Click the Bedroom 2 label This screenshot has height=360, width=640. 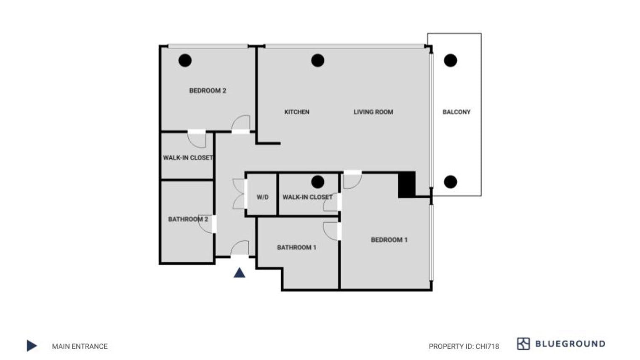(x=208, y=91)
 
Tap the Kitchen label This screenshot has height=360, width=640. (x=297, y=112)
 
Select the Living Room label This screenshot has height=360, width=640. (x=373, y=112)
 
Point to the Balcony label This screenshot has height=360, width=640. (x=456, y=112)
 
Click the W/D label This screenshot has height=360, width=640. (x=263, y=197)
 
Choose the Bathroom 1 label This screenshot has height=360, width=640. (x=296, y=248)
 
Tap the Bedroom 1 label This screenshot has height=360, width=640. (x=389, y=240)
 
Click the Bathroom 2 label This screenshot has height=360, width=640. (x=188, y=219)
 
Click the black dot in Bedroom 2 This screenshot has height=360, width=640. (x=185, y=61)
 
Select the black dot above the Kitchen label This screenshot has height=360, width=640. (x=318, y=61)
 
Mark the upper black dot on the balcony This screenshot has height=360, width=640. (x=451, y=61)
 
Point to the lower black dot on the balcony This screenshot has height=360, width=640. (x=451, y=182)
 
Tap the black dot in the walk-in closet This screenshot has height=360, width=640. (x=318, y=182)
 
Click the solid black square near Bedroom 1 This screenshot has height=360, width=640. (x=407, y=184)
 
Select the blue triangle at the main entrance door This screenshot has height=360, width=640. (x=239, y=273)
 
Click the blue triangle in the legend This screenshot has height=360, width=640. (x=32, y=346)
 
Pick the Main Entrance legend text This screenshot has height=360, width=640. (x=80, y=347)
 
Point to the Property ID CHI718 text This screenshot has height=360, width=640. (x=464, y=347)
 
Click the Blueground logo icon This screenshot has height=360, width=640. (x=523, y=344)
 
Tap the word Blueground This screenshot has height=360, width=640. (x=570, y=344)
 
